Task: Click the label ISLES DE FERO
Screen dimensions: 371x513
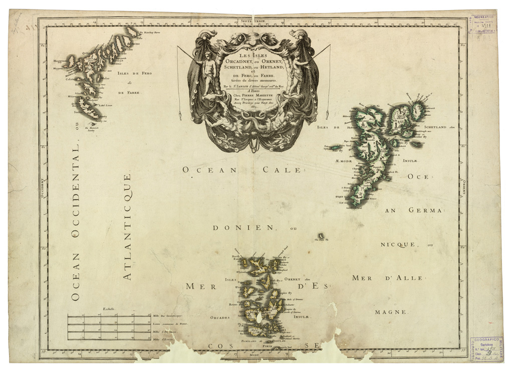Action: click(x=134, y=73)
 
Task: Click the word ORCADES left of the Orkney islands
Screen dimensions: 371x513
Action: click(x=220, y=317)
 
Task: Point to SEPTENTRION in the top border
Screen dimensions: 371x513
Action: click(x=255, y=21)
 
